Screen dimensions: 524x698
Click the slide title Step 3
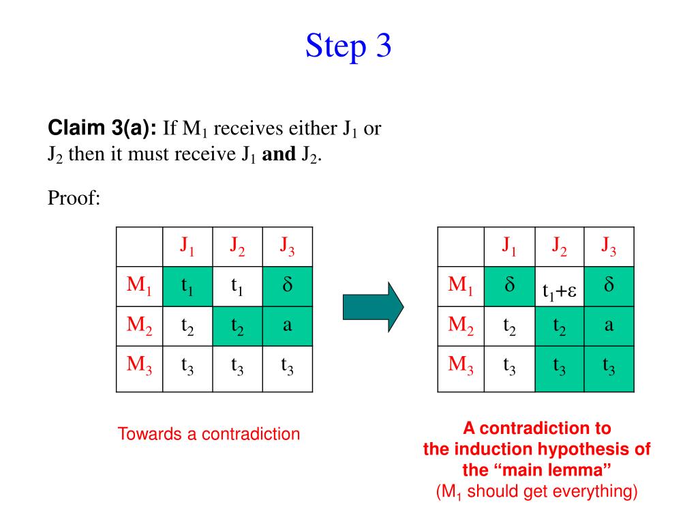(348, 46)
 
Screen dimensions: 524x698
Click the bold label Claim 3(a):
(102, 128)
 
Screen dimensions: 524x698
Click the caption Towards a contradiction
(209, 434)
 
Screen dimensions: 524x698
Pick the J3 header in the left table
(287, 246)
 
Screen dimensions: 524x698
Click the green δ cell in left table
(287, 286)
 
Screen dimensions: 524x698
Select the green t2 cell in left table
(237, 326)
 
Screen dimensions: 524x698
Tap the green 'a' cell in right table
(609, 325)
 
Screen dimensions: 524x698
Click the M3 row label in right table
(461, 365)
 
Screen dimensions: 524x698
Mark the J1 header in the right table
(509, 246)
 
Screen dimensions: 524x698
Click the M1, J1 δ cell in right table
(509, 286)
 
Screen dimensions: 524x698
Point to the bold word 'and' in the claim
(277, 154)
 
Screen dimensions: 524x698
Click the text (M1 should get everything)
(536, 491)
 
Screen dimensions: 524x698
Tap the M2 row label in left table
(140, 326)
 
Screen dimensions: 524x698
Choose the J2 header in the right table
(560, 246)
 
